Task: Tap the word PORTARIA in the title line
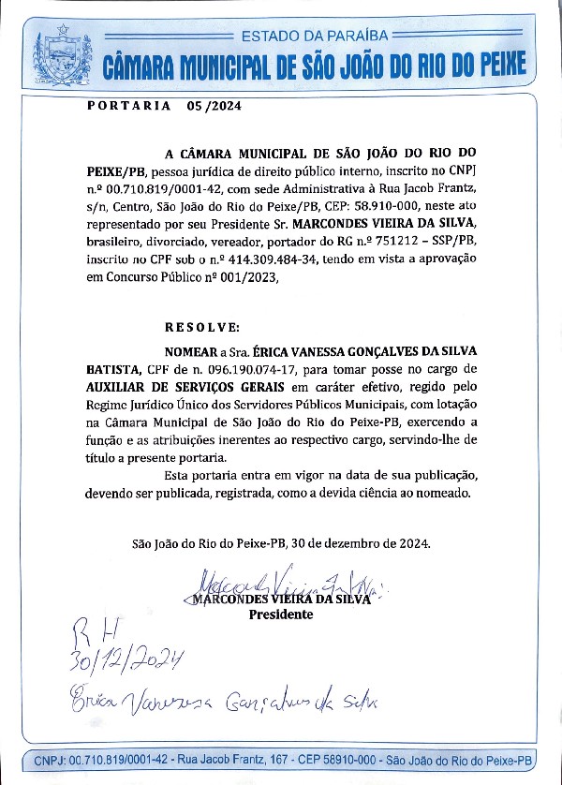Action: tap(128, 106)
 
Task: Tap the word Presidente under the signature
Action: tap(280, 615)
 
